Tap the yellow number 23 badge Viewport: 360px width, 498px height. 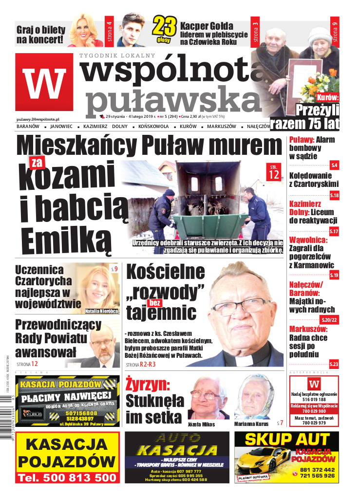point(164,29)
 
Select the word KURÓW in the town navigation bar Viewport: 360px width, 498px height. point(188,127)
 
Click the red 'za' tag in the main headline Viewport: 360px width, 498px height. point(37,163)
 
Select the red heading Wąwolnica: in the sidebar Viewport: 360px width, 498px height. point(308,240)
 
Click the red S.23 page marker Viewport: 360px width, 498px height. point(334,364)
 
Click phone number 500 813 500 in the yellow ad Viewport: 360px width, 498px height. point(67,478)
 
